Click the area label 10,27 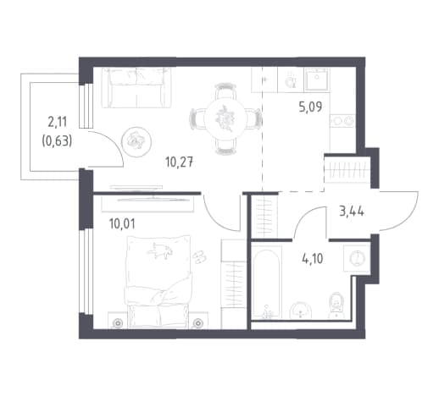(180, 162)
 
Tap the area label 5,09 (310, 107)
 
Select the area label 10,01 (122, 224)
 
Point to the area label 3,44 (352, 211)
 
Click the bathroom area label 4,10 (313, 259)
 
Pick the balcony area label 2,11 (57, 122)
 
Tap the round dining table (225, 118)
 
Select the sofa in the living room (136, 87)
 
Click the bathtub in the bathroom (266, 283)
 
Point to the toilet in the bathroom (336, 305)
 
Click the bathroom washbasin (301, 311)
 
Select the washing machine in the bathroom (357, 258)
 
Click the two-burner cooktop (342, 121)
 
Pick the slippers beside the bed (200, 256)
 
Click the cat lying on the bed (160, 250)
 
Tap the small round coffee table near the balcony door (136, 142)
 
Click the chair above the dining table (225, 91)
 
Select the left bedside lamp (117, 322)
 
